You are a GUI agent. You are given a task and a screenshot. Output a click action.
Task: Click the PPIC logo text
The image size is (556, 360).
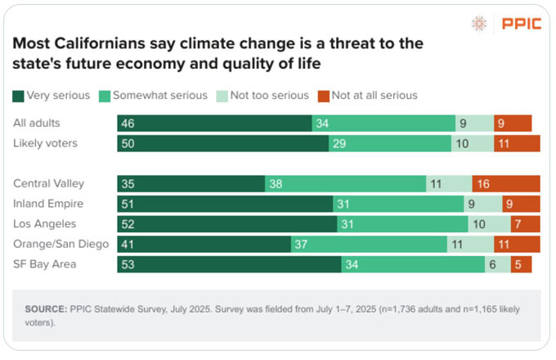pos(522,24)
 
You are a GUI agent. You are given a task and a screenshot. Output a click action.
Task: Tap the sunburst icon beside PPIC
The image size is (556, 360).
pos(479,24)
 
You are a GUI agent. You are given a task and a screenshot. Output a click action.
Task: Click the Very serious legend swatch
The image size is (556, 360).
pos(18,96)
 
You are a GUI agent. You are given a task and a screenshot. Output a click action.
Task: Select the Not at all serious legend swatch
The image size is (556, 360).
pos(324,96)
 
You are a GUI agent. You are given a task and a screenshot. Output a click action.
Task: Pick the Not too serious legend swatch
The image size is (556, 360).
pos(222,96)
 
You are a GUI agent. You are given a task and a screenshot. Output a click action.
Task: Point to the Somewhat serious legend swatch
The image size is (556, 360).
pos(105,96)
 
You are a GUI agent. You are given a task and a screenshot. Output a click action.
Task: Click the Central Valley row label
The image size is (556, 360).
pos(48,183)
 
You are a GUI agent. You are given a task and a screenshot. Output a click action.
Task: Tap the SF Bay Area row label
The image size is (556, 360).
pos(45,264)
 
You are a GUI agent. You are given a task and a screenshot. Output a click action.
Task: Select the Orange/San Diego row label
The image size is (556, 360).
pos(61,244)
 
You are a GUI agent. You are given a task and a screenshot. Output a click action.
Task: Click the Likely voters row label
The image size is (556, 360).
pos(45,143)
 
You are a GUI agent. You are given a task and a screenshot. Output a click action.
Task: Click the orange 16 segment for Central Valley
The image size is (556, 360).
pos(506,184)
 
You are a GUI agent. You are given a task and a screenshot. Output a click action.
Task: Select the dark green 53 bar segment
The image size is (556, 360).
pos(230,264)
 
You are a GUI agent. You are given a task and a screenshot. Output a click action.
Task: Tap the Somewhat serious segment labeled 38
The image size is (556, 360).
pos(345,184)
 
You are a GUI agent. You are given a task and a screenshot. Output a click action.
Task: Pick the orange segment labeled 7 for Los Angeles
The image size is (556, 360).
pos(526,224)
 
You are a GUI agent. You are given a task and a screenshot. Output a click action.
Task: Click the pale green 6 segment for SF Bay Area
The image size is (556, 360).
pos(498,264)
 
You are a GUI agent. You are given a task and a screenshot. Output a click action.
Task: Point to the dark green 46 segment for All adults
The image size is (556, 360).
pos(214,124)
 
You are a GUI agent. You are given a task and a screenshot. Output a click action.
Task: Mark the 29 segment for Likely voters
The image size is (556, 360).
pos(390,144)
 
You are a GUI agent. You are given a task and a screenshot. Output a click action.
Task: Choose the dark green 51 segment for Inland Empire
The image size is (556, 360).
pos(225,204)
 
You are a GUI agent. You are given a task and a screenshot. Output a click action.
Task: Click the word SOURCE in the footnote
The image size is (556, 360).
pos(46,309)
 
